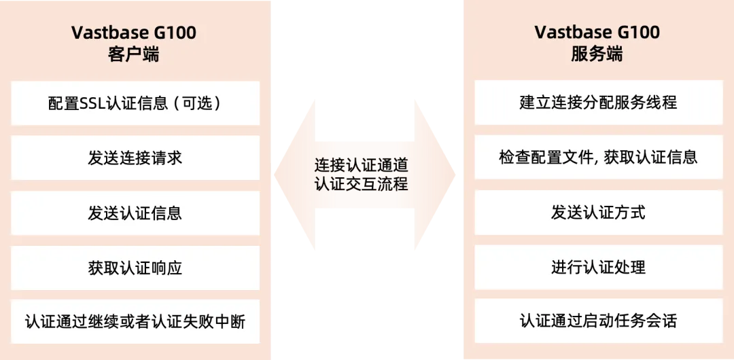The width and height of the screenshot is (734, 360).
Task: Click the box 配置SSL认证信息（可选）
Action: pyautogui.click(x=135, y=103)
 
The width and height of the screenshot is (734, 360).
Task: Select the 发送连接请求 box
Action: pyautogui.click(x=135, y=158)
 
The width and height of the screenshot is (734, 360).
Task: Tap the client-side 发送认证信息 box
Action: pyautogui.click(x=135, y=213)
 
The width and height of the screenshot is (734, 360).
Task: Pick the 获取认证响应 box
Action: pyautogui.click(x=135, y=268)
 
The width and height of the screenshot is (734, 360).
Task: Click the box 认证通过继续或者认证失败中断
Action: pyautogui.click(x=135, y=321)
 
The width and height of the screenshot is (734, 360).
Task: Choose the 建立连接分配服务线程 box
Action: pyautogui.click(x=598, y=103)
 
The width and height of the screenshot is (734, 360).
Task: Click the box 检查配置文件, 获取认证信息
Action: pyautogui.click(x=598, y=158)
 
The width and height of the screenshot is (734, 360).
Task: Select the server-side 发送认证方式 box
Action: pyautogui.click(x=598, y=213)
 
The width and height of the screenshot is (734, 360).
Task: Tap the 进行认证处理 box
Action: pyautogui.click(x=598, y=268)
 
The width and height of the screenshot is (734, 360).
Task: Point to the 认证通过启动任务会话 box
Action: pyautogui.click(x=598, y=321)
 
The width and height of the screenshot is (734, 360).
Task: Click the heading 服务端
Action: pyautogui.click(x=597, y=55)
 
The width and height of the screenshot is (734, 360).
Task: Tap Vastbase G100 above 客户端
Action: pyautogui.click(x=134, y=33)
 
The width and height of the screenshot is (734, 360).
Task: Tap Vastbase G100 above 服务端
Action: pyautogui.click(x=597, y=33)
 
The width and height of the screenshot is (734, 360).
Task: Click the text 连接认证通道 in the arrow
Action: pyautogui.click(x=361, y=165)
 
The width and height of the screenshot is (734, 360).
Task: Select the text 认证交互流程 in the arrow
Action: pyautogui.click(x=361, y=184)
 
